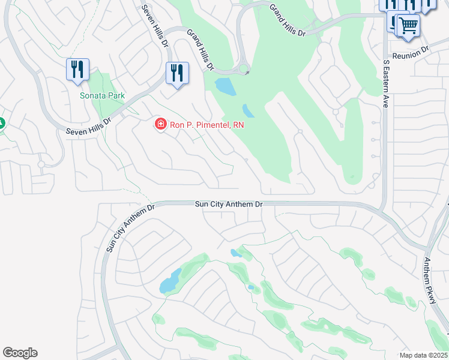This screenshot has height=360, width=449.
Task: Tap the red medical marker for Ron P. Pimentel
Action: coord(160,124)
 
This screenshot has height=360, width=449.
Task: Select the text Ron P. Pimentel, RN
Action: coord(206,124)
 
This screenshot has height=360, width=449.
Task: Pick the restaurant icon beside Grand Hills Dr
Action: coord(177,73)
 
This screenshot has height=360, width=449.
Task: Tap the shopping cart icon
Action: coord(408,26)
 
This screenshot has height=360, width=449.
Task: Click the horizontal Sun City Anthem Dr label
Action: coord(229,204)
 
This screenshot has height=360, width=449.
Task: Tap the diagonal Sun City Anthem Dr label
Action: coord(130,227)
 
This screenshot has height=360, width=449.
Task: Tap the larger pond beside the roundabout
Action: coord(226,86)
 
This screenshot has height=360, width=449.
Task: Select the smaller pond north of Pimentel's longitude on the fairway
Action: coord(248,111)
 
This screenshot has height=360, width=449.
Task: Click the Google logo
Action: coord(20,352)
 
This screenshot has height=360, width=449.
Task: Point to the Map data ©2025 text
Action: coord(423,355)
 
